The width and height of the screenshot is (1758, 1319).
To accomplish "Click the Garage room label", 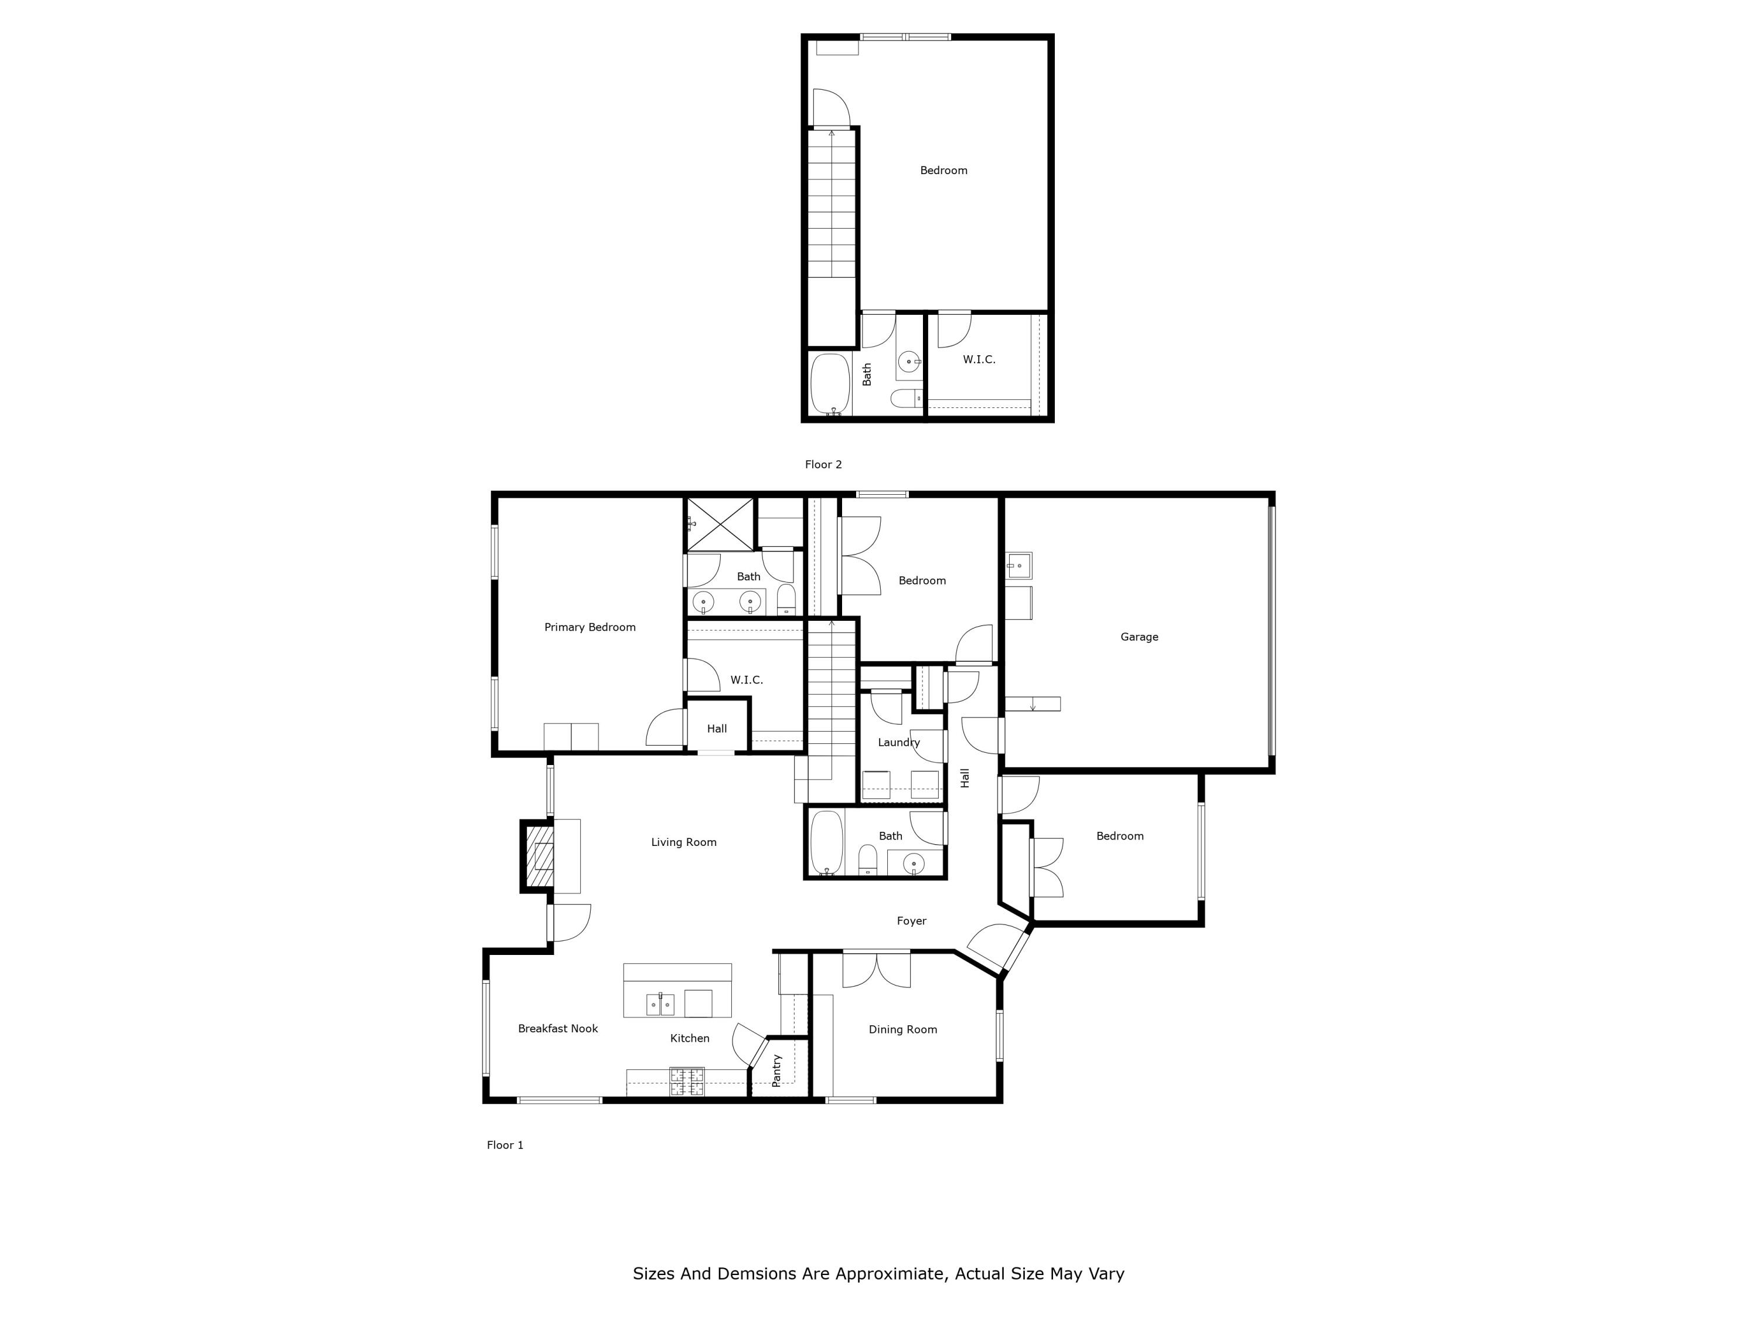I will coord(1139,637).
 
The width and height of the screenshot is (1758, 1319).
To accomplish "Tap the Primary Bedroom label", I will coord(590,627).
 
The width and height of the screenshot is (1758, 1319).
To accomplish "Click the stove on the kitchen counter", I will coord(687,1080).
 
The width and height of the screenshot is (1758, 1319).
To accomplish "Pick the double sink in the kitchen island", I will coord(660,1004).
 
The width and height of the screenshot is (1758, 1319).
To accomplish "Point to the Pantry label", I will coord(777,1070).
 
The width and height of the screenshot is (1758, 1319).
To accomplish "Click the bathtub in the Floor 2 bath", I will coord(830,385).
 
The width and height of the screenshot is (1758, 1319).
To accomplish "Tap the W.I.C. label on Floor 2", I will coord(979,359).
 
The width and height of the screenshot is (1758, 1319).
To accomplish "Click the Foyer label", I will coord(912,921).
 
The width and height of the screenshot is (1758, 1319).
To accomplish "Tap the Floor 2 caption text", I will coord(823,464).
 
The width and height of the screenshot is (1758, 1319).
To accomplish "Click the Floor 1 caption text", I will coord(505,1145).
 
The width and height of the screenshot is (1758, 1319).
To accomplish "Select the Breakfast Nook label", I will coord(558,1028).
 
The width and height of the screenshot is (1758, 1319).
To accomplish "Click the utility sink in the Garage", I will coord(1019,565).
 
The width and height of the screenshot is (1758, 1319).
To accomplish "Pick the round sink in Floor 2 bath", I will coord(908,362).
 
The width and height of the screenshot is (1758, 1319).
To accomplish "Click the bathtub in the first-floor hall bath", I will coord(826,844).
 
